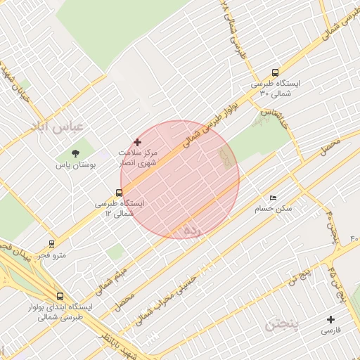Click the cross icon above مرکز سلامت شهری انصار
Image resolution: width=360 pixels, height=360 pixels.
(x=137, y=142)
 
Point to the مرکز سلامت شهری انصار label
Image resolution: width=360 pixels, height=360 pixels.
(x=138, y=157)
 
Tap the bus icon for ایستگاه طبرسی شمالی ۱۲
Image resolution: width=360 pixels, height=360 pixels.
(x=119, y=192)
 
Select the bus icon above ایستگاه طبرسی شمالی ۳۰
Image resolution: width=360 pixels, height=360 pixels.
(x=275, y=72)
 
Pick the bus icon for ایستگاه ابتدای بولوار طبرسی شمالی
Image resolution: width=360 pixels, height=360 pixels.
(x=60, y=297)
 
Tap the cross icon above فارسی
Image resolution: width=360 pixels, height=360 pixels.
(x=331, y=319)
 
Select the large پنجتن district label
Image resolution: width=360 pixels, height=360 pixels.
(x=284, y=326)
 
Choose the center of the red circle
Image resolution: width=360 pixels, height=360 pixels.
(x=180, y=180)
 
